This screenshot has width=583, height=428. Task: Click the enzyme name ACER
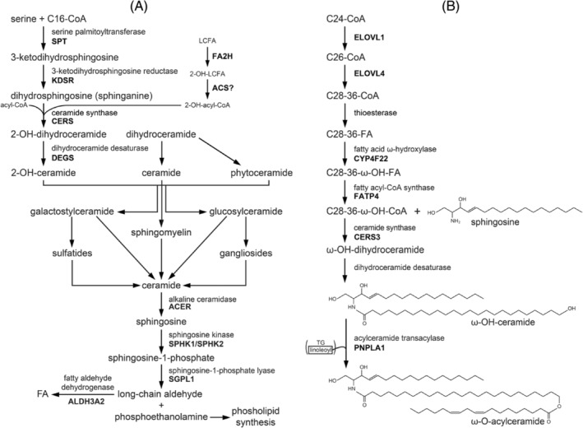179,305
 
